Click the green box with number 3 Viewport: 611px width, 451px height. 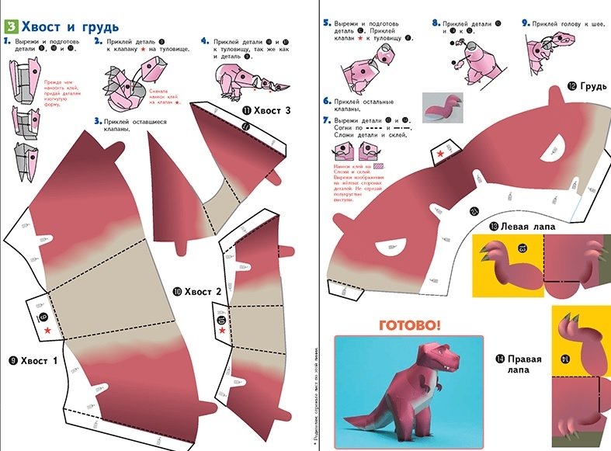(10, 12)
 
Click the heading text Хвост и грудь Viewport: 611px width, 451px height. (70, 12)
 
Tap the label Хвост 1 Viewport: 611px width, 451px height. (36, 360)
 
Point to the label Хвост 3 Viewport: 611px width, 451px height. (267, 111)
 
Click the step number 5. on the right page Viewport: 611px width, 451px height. (327, 24)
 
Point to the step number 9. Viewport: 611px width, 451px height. (526, 24)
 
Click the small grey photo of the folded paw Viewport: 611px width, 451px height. (443, 107)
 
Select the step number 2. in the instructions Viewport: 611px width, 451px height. (98, 40)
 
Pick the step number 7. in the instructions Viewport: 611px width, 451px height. (327, 120)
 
